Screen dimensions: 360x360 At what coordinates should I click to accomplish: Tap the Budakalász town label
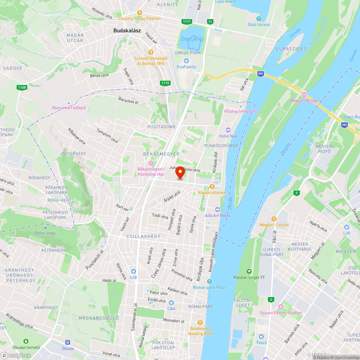tap(127, 31)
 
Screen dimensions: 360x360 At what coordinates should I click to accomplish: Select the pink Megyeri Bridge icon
tap(304, 95)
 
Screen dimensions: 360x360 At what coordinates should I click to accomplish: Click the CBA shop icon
tap(171, 302)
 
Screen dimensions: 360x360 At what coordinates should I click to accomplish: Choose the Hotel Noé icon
tap(228, 130)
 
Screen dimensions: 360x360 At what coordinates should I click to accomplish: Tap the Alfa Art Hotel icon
tap(217, 210)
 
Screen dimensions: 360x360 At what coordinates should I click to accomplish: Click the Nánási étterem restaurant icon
tap(212, 186)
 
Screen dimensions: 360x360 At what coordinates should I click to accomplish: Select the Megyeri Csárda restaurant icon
tap(274, 219)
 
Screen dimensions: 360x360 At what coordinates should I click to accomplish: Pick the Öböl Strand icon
tap(258, 19)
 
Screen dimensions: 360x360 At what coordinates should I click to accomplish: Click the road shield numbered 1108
tap(22, 87)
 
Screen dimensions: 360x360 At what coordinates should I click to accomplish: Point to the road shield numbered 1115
tap(165, 83)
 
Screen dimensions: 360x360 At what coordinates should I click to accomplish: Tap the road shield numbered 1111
tap(186, 22)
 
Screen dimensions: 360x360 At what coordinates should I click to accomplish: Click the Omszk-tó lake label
tap(192, 39)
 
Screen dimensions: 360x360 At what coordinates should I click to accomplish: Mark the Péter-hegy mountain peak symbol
tap(45, 228)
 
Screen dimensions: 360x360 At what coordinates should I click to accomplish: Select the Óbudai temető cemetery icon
tap(26, 341)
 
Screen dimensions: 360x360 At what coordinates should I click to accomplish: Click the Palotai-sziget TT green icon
tap(249, 271)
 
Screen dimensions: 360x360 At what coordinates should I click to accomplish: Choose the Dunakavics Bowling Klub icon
tap(200, 323)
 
